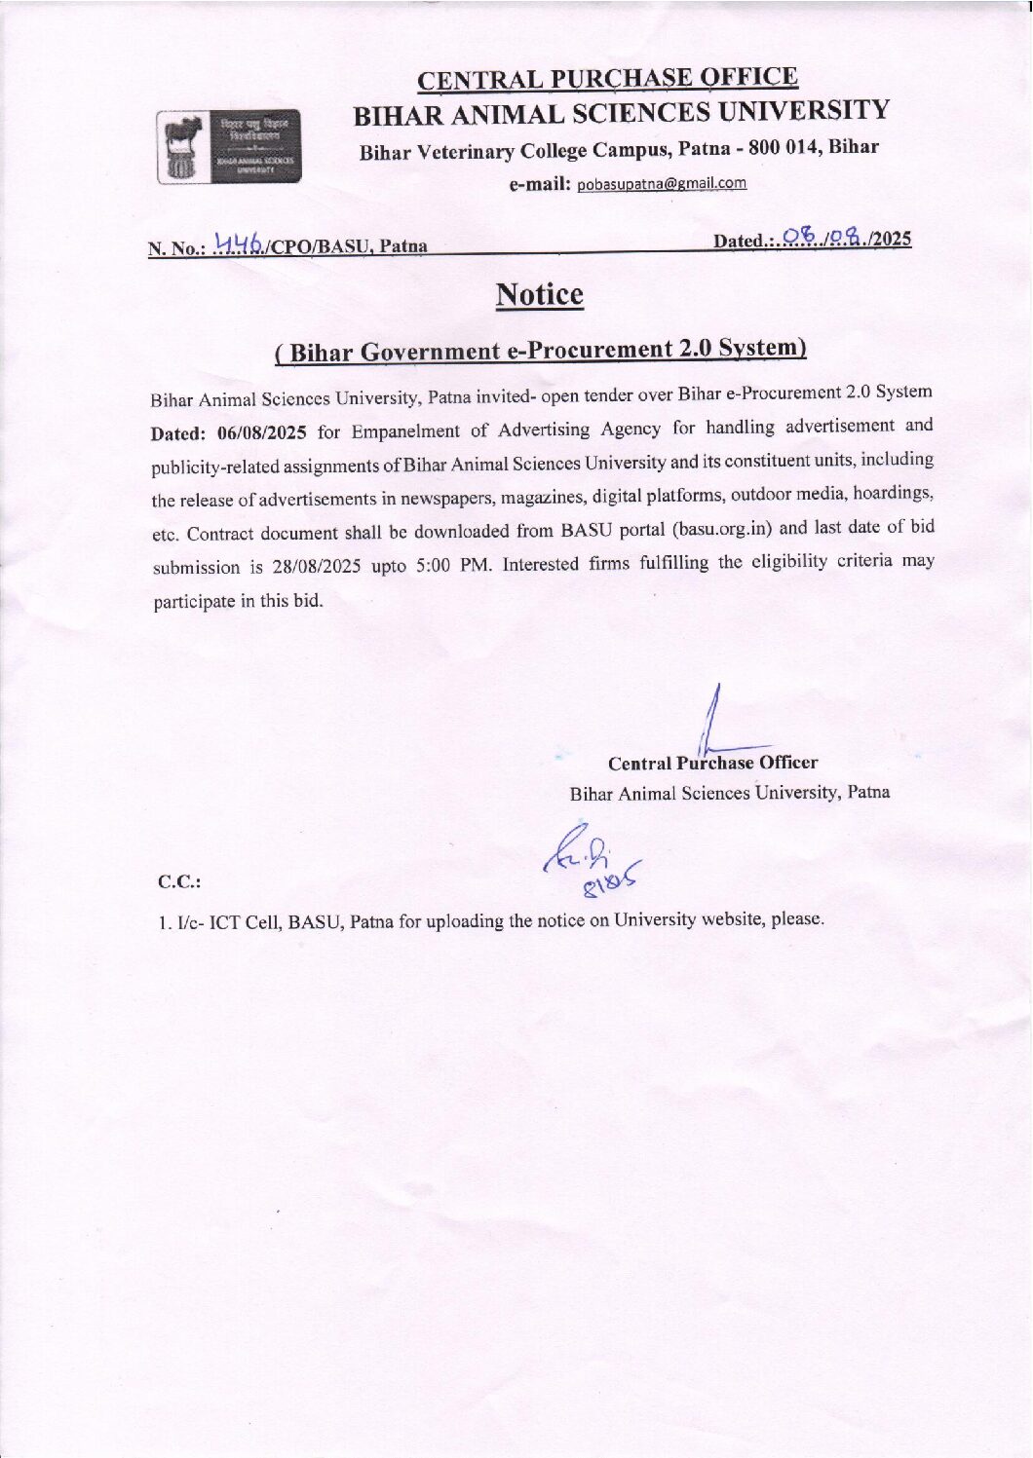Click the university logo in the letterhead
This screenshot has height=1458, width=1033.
pyautogui.click(x=230, y=148)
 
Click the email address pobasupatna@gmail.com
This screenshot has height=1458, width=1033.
pyautogui.click(x=662, y=183)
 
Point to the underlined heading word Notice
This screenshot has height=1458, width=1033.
pyautogui.click(x=539, y=294)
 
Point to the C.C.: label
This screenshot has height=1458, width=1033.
pyautogui.click(x=179, y=882)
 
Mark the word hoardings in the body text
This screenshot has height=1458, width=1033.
pyautogui.click(x=893, y=493)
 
